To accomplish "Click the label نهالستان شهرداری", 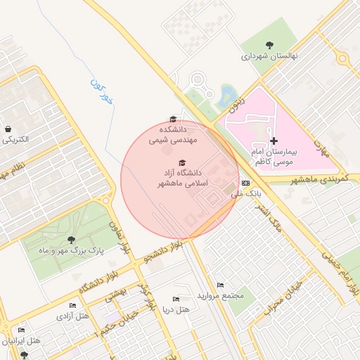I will click(x=270, y=56).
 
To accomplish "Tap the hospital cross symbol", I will click(x=274, y=141).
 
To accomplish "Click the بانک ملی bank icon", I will click(x=245, y=183).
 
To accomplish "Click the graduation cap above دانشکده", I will click(x=174, y=120).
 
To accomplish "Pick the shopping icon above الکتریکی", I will click(x=8, y=129).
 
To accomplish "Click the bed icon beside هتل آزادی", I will click(x=72, y=306).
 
